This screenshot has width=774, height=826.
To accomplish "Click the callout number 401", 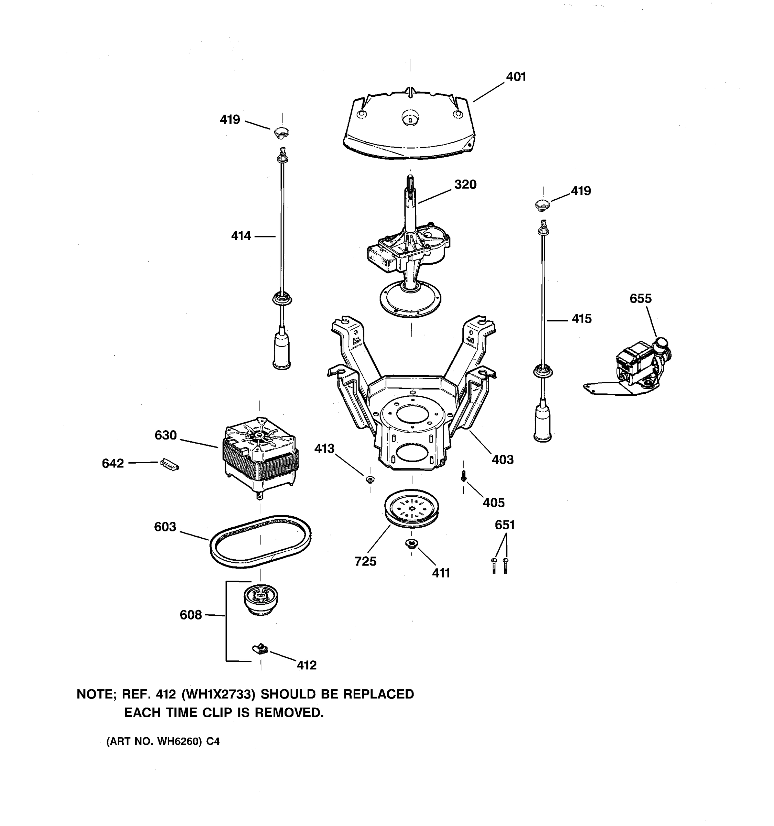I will pos(516,77).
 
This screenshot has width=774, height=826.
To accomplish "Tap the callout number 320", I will pos(465,184).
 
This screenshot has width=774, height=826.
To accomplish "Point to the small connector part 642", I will pos(169,465).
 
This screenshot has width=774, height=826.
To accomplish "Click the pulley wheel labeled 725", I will pos(411,509).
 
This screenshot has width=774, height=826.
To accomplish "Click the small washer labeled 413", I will pos(369,480).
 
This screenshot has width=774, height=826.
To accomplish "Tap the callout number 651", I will pos(505,525).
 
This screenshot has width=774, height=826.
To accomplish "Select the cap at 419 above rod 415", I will pos(542,204).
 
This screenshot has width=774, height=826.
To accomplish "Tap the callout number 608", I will pos(191,615).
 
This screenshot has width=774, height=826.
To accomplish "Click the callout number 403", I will pos(503,459).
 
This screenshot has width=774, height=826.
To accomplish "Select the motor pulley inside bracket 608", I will pos(260,599).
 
